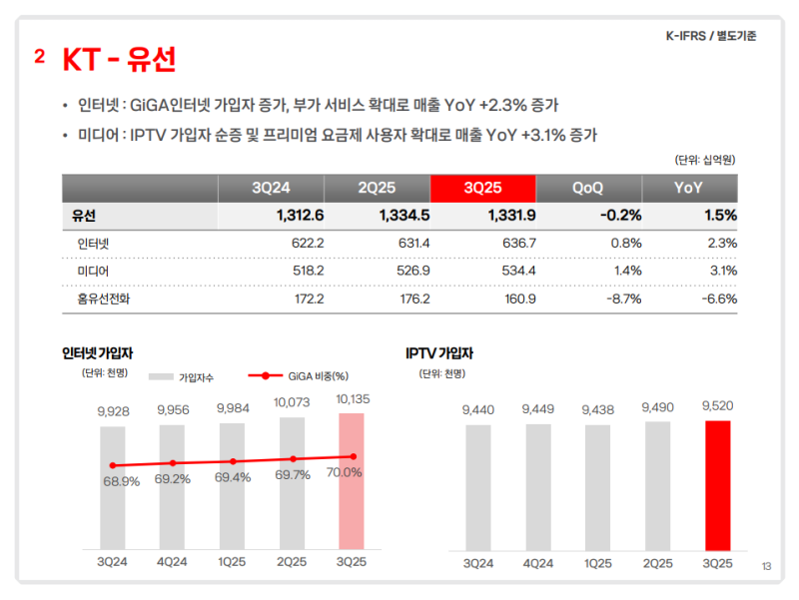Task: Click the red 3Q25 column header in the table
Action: pos(482,188)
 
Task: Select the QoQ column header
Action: pos(588,188)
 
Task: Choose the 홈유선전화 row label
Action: pos(104,299)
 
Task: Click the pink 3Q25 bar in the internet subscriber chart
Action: pos(352,479)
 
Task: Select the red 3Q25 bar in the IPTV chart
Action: pos(718,484)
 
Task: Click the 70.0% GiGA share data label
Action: pos(345,472)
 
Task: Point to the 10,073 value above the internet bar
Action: pos(292,402)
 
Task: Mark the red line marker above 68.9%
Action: pos(113,465)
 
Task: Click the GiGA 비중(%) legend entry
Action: pos(304,375)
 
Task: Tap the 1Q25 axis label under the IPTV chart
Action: pos(598,564)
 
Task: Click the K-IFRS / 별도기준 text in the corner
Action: pos(711,36)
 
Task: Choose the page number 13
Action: pos(766,567)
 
